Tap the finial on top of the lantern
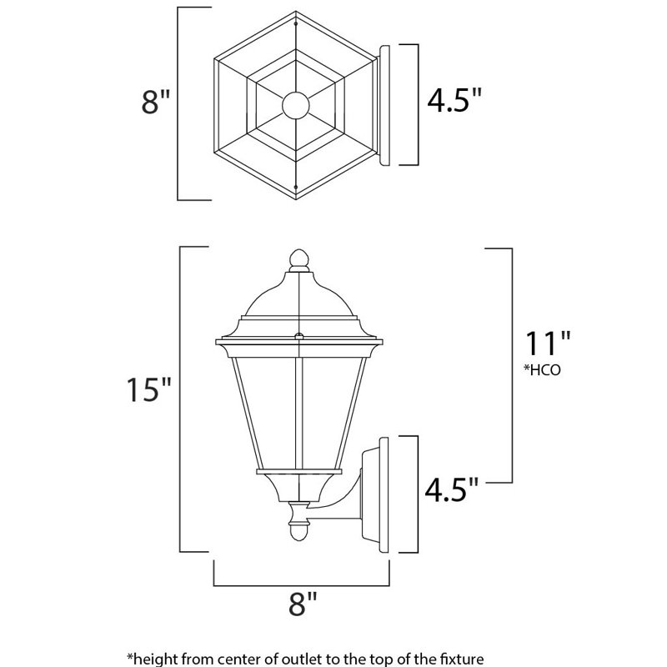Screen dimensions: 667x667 (x=297, y=259)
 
